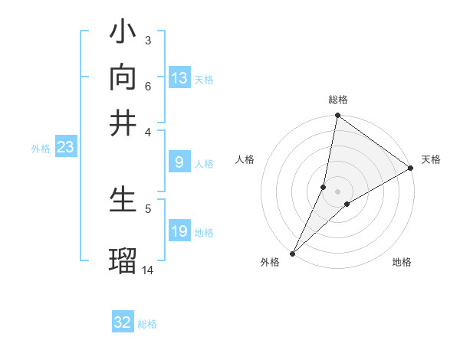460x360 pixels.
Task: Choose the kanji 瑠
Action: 123,260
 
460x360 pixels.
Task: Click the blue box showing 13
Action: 179,78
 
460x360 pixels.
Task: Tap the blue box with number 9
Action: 179,162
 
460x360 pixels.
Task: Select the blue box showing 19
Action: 179,231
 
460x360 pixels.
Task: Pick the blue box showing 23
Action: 65,147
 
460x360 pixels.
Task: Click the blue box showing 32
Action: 123,322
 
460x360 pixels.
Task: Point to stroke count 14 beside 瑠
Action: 148,270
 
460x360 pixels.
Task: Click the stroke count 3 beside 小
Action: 147,40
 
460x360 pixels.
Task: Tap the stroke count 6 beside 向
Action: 147,86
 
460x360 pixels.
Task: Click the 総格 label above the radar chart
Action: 338,100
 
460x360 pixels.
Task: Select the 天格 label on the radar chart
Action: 431,159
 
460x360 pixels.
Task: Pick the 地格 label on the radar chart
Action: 402,263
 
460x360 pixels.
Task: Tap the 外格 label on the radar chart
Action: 270,263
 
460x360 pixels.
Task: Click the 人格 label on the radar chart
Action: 245,159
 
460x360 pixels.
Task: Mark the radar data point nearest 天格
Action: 411,169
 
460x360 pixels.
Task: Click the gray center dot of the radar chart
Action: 338,191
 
